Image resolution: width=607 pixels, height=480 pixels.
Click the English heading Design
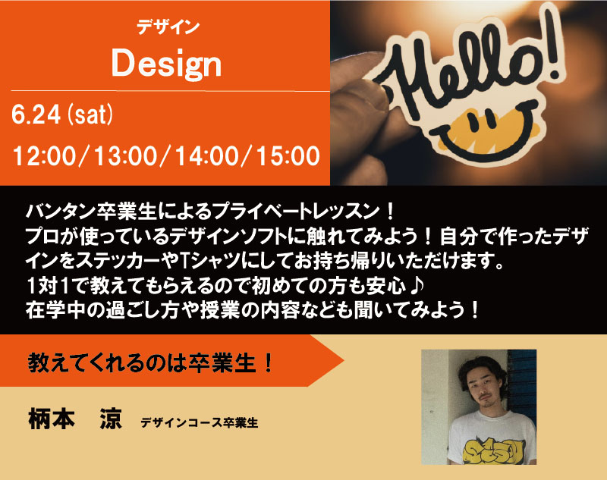click(166, 64)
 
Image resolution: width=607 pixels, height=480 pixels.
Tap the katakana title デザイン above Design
click(168, 27)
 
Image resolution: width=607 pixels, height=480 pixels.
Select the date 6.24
click(36, 115)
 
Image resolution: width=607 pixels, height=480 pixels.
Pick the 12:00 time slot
click(45, 156)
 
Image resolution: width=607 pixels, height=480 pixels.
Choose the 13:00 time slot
click(126, 156)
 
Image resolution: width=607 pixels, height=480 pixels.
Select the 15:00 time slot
click(288, 156)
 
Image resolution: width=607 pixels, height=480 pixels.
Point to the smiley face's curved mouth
click(484, 149)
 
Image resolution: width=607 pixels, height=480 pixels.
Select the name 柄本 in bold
click(52, 419)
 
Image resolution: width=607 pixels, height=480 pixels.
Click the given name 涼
click(111, 419)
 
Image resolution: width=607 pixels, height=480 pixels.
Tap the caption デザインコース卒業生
click(200, 423)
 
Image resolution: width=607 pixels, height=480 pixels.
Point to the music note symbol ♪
click(417, 285)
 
